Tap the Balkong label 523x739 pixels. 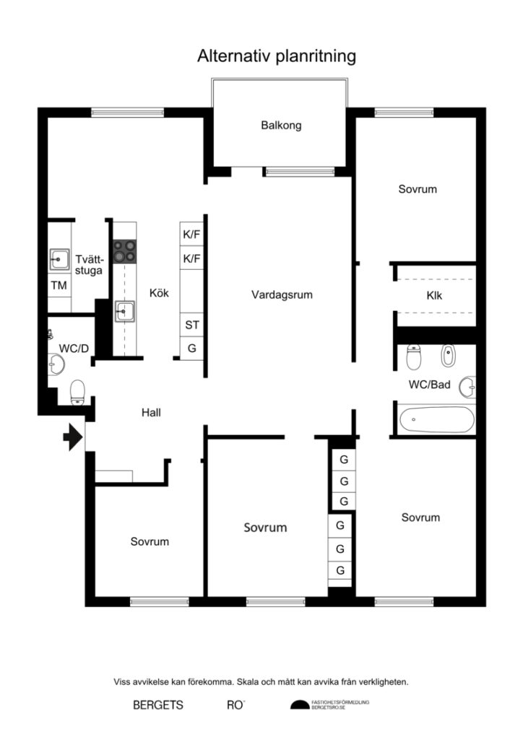pos(281,126)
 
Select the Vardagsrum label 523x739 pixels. pos(282,294)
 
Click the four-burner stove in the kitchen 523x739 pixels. pos(124,250)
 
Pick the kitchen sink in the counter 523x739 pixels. pos(124,312)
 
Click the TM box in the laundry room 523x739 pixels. pos(59,285)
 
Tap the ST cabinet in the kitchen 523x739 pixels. pos(191,325)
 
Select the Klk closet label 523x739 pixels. pos(435,295)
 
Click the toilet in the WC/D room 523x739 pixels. pos(77,393)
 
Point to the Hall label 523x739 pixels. pos(151,413)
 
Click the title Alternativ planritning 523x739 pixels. pos(277,57)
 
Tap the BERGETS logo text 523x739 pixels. pos(158,705)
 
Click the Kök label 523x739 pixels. pos(159,294)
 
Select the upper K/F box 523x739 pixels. pos(191,235)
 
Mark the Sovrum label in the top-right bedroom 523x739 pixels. pos(418,189)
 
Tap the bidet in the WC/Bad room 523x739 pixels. pos(448,356)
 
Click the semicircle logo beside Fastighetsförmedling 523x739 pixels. pos(299,705)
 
